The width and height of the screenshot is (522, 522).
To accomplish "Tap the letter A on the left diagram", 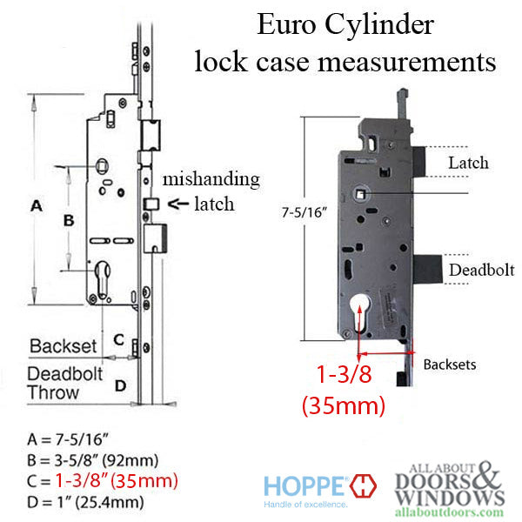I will click(37, 206).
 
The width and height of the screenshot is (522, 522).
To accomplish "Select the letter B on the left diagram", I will click(69, 221).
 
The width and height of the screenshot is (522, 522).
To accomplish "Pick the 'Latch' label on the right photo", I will click(468, 163).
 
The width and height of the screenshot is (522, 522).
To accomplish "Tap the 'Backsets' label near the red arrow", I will click(451, 365).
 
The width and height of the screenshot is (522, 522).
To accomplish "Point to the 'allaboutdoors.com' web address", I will click(451, 512).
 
